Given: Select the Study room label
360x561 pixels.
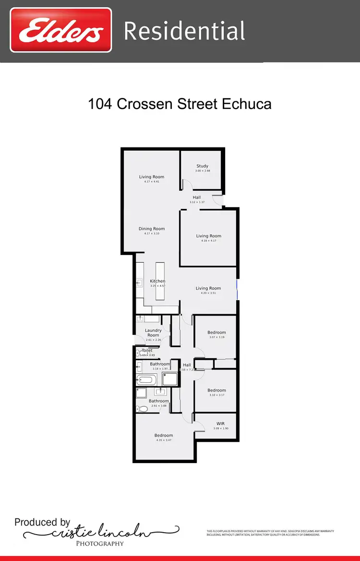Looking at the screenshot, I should click(202, 166).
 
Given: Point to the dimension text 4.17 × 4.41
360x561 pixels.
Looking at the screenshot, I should click(152, 182).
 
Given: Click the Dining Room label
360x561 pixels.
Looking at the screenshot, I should click(152, 229).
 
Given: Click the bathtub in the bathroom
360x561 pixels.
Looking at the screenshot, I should click(145, 380).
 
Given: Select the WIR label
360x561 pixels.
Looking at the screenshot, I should click(221, 424).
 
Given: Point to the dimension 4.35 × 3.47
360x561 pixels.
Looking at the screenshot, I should click(164, 440).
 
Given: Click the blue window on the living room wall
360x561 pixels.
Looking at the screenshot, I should click(237, 290).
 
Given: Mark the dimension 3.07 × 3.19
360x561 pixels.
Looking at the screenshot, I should click(216, 337).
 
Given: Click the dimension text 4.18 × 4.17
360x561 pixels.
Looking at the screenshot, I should click(208, 241).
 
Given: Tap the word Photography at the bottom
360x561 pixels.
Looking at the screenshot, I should click(100, 544).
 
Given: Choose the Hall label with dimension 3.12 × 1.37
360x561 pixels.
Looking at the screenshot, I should click(197, 197).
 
